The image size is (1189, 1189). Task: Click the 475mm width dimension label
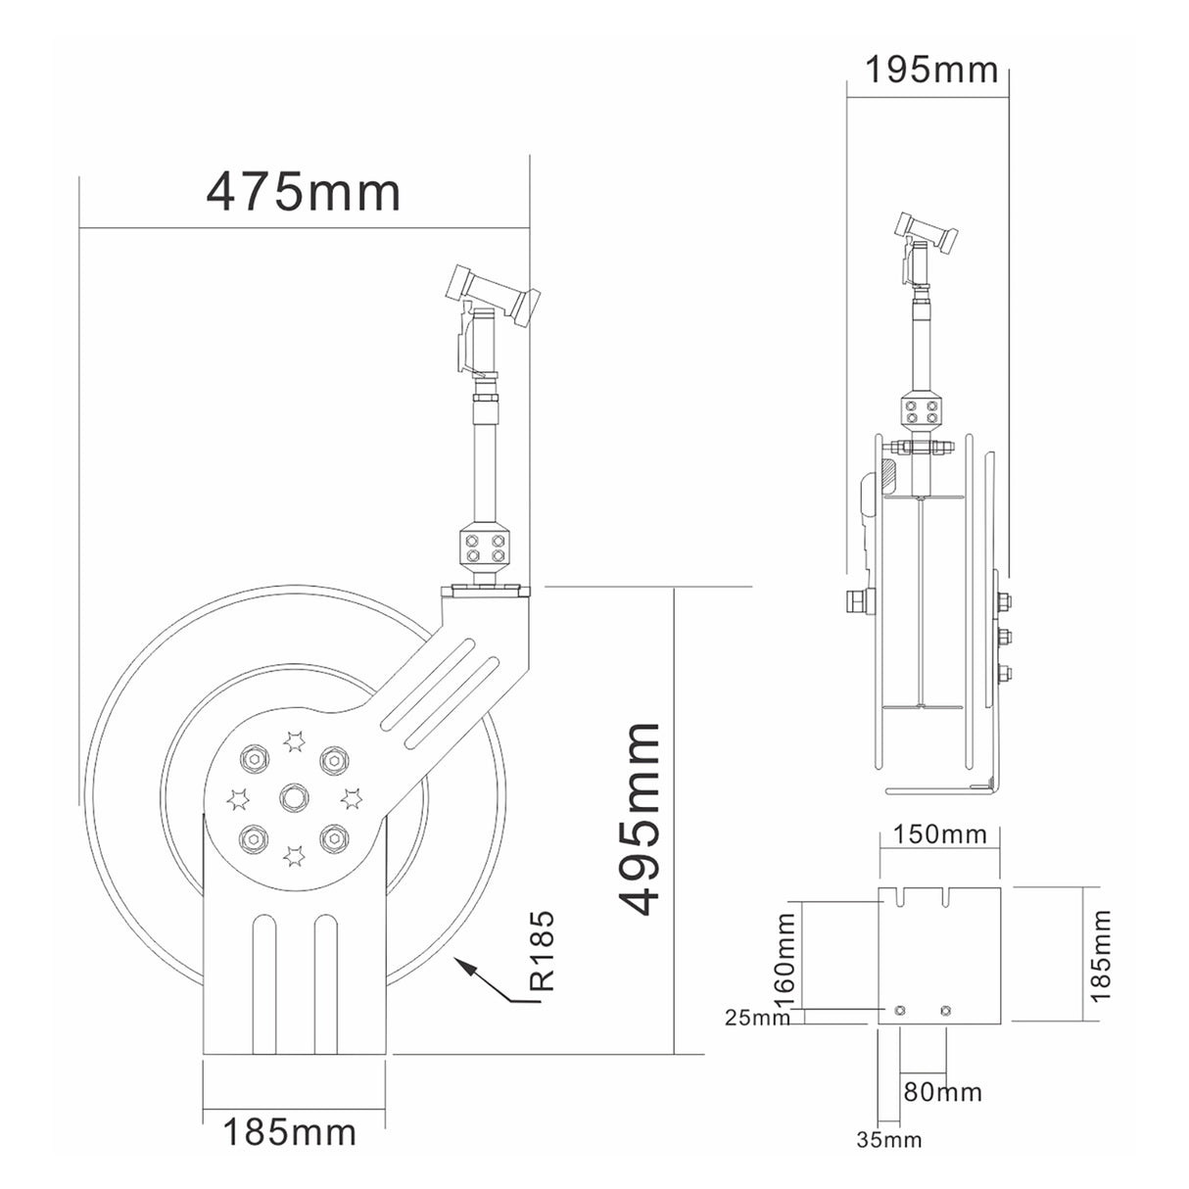(x=303, y=192)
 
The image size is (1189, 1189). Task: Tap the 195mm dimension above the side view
(x=931, y=70)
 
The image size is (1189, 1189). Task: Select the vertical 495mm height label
(x=642, y=819)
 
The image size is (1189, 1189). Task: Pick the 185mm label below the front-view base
(x=290, y=1133)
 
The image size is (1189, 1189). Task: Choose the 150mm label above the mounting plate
(x=939, y=834)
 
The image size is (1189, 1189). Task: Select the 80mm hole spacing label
(x=941, y=1091)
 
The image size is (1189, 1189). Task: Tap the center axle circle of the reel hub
(x=292, y=797)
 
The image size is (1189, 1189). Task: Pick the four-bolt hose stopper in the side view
(x=921, y=410)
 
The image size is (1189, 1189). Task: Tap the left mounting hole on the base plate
(x=899, y=1010)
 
